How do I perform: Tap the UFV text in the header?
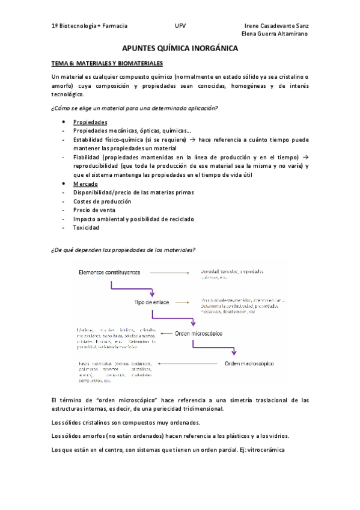click(x=180, y=26)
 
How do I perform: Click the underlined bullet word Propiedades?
click(x=90, y=122)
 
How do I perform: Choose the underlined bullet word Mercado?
click(x=85, y=183)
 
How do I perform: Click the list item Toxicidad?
click(x=86, y=228)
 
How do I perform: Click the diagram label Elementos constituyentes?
click(x=109, y=272)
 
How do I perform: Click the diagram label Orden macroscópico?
click(x=249, y=363)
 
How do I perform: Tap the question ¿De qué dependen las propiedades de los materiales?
click(x=124, y=250)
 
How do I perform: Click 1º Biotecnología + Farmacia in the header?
click(x=90, y=26)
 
